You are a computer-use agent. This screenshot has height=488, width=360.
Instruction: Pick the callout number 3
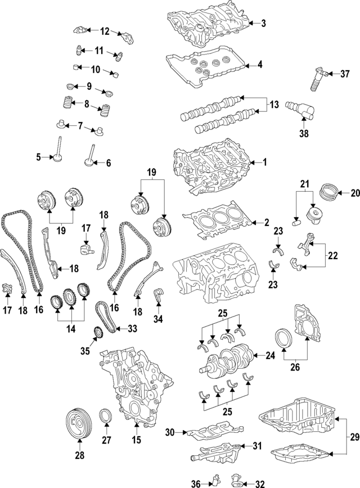(263, 23)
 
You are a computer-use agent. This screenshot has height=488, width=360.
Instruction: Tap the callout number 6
(108, 163)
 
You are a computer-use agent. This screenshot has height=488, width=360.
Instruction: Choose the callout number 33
(133, 328)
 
